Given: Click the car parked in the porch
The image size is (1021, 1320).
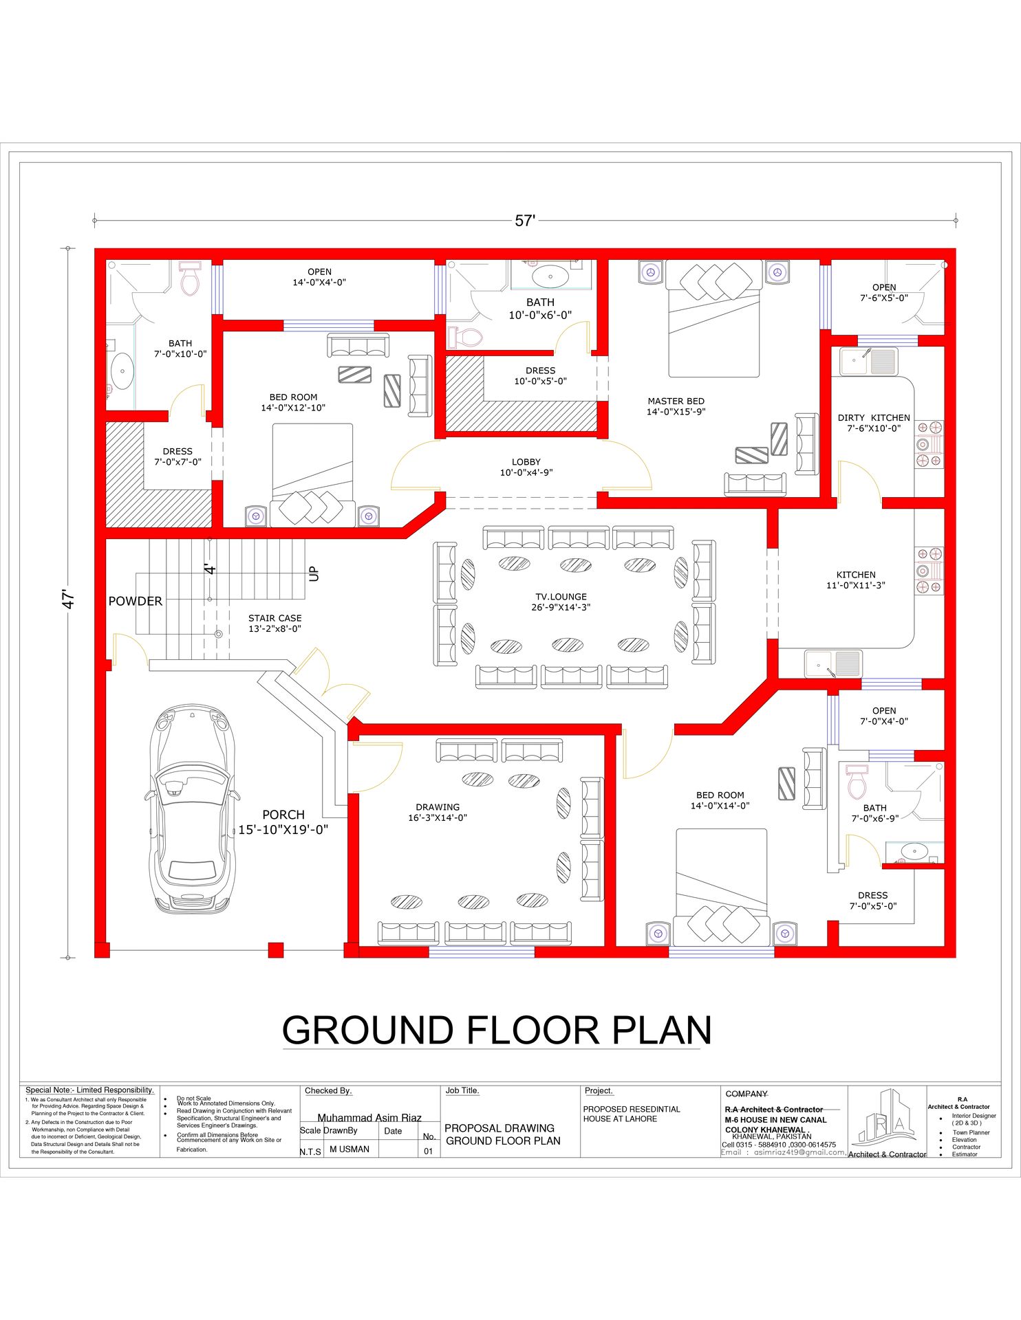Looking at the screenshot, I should point(192,808).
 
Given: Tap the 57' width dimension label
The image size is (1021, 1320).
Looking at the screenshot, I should point(525,221).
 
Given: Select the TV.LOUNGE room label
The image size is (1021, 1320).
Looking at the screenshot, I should point(561,597).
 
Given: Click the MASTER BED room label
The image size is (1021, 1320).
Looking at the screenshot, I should point(676,401).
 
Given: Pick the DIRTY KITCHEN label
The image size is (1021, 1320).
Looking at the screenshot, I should point(873,417).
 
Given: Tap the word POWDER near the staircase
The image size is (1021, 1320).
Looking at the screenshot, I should point(136,601).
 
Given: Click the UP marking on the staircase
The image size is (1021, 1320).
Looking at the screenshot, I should point(314,573).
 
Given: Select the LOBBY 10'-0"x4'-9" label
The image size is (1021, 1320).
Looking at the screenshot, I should point(526,467).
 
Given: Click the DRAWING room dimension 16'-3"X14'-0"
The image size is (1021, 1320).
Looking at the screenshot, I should point(438,817).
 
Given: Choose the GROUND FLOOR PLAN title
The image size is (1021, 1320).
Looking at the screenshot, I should point(497,1030).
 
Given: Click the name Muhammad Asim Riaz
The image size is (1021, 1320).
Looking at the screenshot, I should point(369,1117).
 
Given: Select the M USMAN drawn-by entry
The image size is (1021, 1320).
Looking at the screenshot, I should point(350,1149).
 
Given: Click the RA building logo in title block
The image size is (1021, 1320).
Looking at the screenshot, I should point(886,1119).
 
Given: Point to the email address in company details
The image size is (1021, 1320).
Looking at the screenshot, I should point(783,1152).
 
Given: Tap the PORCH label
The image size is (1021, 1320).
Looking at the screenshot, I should point(283,815).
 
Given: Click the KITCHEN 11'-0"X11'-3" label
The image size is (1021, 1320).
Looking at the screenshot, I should point(855,580).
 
